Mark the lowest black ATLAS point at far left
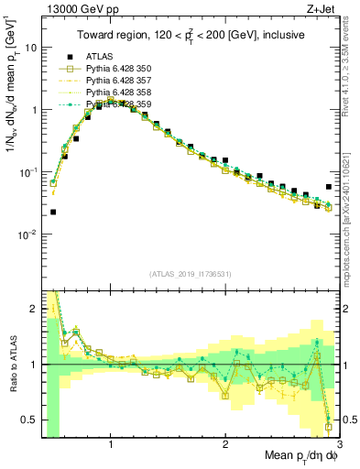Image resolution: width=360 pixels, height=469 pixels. pyautogui.click(x=53, y=212)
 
